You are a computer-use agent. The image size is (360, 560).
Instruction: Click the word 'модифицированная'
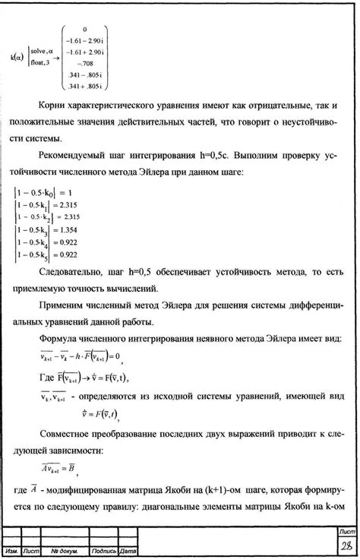[100, 486]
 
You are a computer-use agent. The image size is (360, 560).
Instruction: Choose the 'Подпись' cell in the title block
[103, 550]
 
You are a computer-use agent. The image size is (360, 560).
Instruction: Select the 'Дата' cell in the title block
[127, 550]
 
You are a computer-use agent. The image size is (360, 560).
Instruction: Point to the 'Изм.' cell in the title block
[11, 550]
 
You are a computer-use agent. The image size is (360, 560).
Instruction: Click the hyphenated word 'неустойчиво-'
[306, 122]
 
